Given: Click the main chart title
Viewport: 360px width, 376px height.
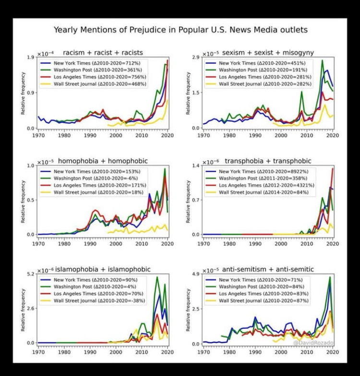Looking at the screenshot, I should point(180,30).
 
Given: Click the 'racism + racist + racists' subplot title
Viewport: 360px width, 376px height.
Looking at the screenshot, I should point(103,52).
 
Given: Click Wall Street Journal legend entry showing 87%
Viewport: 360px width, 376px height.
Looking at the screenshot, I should point(257,301).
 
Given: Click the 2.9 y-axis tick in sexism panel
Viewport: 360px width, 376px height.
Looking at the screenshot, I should point(194,58).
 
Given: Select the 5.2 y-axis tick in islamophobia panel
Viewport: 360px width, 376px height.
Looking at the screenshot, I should point(29,274).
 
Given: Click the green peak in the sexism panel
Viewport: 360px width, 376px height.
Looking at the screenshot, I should point(322,60).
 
